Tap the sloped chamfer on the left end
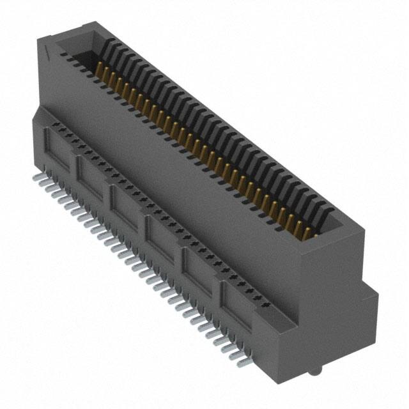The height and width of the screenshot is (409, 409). click(40, 116)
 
